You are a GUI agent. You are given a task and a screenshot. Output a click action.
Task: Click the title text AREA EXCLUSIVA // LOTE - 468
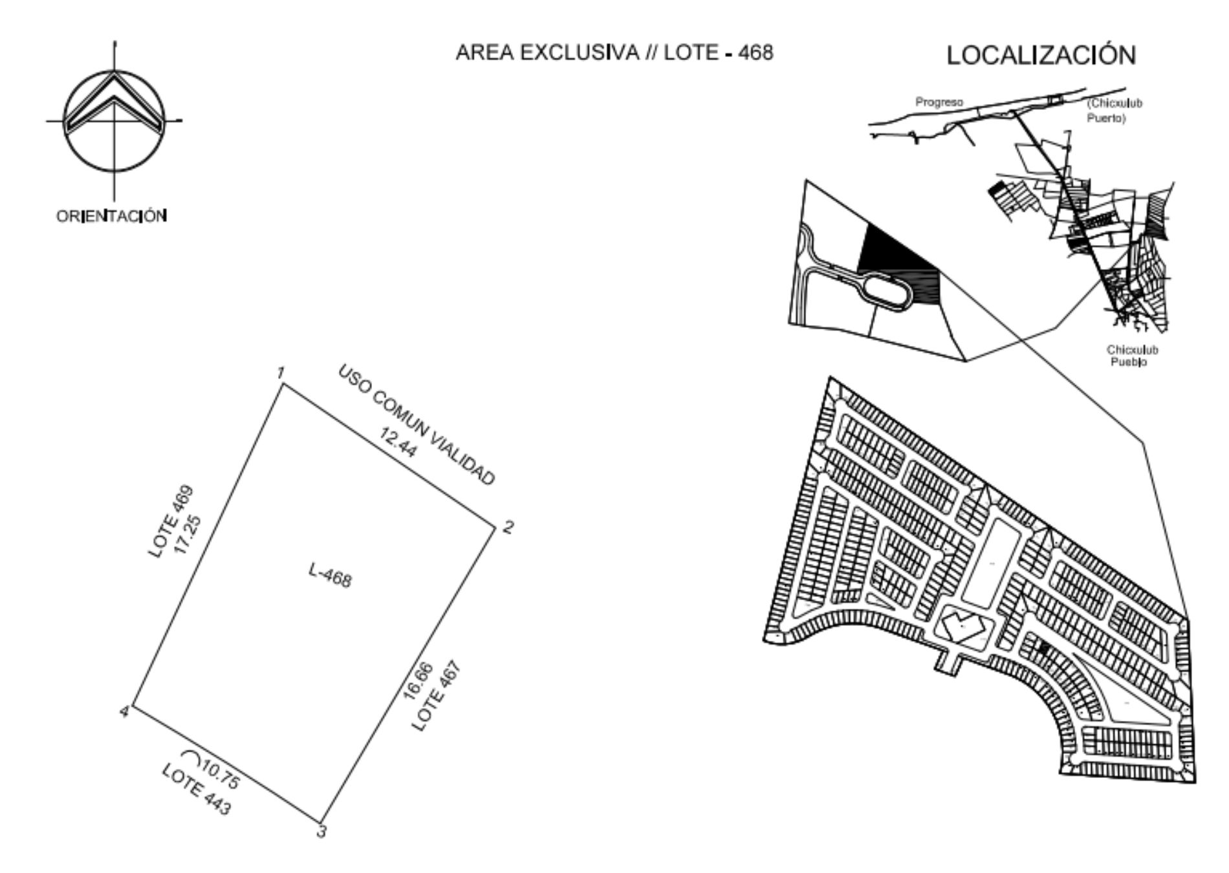pos(614,52)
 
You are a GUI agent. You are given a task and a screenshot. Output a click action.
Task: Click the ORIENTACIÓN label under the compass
pos(112,216)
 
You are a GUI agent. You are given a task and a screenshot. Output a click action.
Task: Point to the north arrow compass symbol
pos(114,121)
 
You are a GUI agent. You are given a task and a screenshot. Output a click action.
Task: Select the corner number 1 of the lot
pos(281,372)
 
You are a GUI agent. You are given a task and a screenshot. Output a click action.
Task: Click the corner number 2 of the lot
pos(508,527)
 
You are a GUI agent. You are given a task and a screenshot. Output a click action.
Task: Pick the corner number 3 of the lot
pos(321,832)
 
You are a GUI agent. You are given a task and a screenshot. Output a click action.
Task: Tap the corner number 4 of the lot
pos(124,712)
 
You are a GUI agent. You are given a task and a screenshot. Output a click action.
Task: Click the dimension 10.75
pos(221,774)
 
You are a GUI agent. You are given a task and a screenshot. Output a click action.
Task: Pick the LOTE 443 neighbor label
pos(196,790)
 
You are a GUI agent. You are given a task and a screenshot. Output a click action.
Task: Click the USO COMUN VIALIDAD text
pos(417,424)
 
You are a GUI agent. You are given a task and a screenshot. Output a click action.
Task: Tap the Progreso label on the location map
pos(939,102)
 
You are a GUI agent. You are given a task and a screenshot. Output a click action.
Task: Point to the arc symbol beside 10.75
pos(191,753)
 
